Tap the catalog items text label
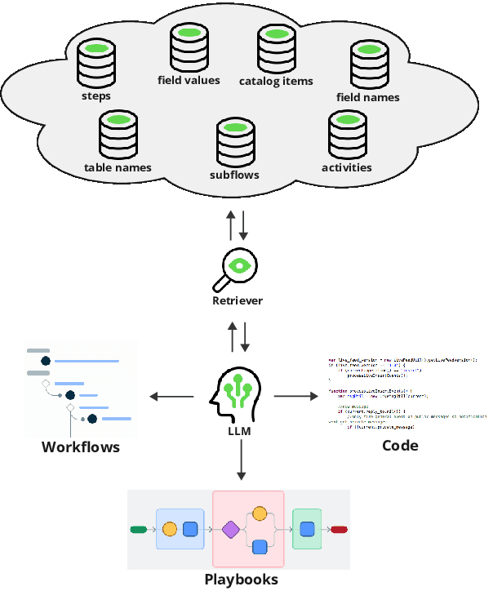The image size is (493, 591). click(276, 81)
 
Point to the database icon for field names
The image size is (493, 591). click(368, 64)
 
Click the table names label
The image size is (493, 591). click(118, 167)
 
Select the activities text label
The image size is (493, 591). click(347, 167)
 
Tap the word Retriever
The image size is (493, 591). click(238, 301)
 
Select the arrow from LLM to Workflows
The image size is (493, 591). click(171, 397)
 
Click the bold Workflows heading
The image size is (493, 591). click(81, 447)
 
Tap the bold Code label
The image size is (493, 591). click(400, 446)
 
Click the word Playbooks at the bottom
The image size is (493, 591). click(241, 580)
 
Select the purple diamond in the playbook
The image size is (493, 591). click(231, 530)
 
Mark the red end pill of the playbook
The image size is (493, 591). click(340, 530)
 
